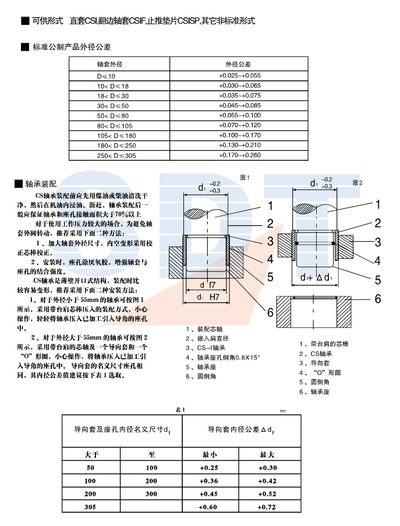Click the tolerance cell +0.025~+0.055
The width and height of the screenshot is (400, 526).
[x=239, y=76]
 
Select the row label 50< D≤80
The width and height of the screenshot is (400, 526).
[x=112, y=115]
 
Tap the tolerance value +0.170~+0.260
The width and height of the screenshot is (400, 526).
[x=239, y=156]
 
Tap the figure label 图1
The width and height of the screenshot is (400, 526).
[x=245, y=177]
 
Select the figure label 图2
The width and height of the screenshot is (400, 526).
[x=357, y=182]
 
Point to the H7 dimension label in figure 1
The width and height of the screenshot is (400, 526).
[x=213, y=296]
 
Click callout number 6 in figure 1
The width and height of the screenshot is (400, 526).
[x=270, y=312]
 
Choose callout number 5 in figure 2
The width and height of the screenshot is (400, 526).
[x=377, y=280]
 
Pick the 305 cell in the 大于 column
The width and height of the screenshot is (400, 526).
[x=90, y=507]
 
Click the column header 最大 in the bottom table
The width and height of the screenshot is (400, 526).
[x=267, y=454]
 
